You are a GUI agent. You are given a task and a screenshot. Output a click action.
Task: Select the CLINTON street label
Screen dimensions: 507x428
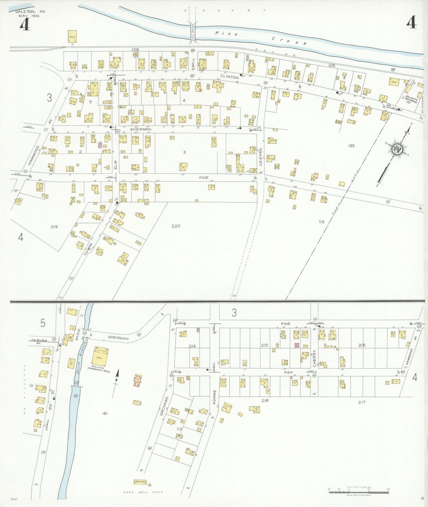[x=229, y=77]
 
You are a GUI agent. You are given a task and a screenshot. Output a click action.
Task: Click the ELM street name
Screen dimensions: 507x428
[x=116, y=165]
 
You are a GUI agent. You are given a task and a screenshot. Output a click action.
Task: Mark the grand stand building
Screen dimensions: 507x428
[x=140, y=482]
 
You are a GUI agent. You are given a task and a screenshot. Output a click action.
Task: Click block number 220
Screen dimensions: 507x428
[x=176, y=226]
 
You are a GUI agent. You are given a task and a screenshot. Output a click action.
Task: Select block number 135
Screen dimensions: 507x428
[x=351, y=146]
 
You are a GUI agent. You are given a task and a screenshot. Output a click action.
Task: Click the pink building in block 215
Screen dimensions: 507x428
[x=296, y=345]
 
